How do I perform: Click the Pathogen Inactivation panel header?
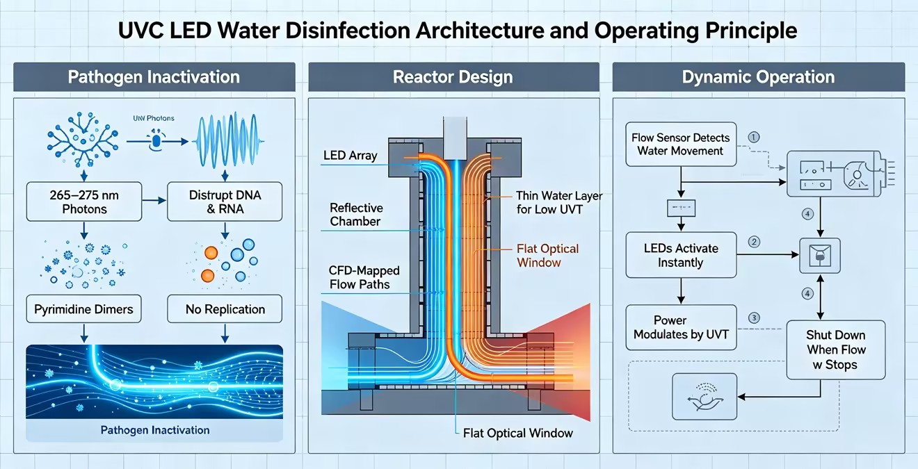tap(154, 77)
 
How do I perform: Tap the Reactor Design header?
tap(453, 77)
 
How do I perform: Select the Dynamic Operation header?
tap(759, 77)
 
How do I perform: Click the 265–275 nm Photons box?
tap(84, 202)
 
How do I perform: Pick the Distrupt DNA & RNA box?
tap(225, 202)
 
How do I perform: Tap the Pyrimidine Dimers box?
tap(83, 308)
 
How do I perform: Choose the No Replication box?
tap(225, 308)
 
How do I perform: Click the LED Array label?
tap(350, 156)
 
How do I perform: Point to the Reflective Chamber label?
tap(356, 215)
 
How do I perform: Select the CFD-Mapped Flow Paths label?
tap(364, 277)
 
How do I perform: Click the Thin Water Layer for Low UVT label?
tap(559, 202)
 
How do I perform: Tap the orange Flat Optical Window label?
tap(547, 256)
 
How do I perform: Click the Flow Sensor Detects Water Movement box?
tap(681, 145)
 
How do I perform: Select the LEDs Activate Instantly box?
tap(681, 255)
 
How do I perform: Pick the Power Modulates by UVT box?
tap(681, 327)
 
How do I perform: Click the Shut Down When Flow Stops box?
tap(836, 349)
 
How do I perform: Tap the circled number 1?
tap(754, 137)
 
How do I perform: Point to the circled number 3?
tap(754, 318)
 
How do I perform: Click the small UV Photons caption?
tap(154, 118)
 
